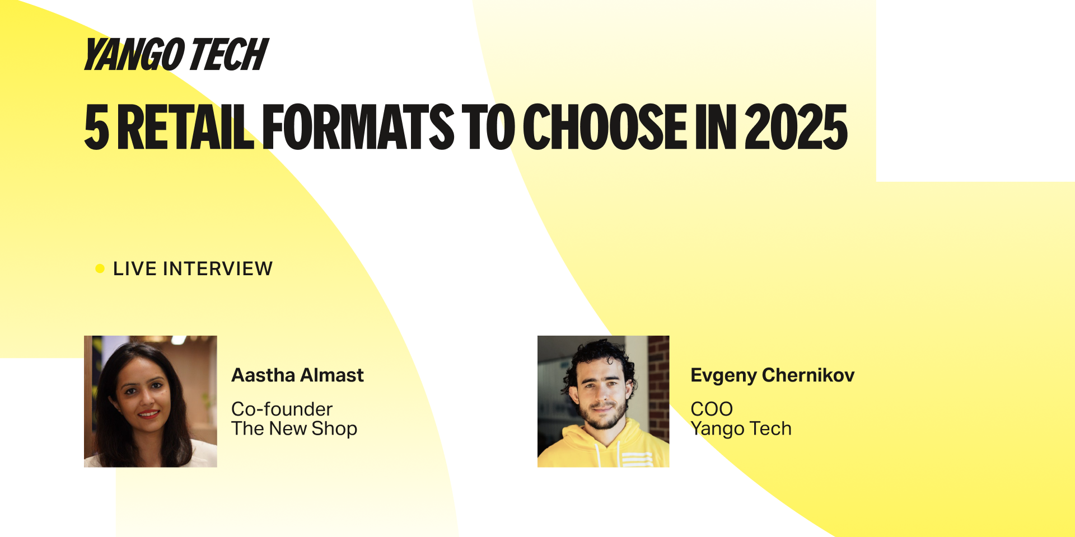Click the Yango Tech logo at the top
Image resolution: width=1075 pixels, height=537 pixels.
pyautogui.click(x=176, y=55)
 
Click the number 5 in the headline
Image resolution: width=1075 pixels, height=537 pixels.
pyautogui.click(x=96, y=127)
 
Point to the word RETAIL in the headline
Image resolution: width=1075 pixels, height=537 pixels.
pyautogui.click(x=185, y=127)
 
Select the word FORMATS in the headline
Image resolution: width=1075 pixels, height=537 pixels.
pyautogui.click(x=358, y=127)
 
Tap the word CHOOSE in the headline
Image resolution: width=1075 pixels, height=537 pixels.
pyautogui.click(x=605, y=127)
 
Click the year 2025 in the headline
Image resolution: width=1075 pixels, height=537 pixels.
pyautogui.click(x=796, y=127)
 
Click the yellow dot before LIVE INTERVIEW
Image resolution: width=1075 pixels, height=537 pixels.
pyautogui.click(x=100, y=268)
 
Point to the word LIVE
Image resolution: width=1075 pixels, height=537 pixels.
pyautogui.click(x=134, y=268)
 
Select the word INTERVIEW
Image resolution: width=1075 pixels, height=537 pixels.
pyautogui.click(x=218, y=268)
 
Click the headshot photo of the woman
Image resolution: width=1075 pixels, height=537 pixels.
pyautogui.click(x=151, y=401)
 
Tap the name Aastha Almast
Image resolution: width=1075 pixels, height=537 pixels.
pyautogui.click(x=298, y=375)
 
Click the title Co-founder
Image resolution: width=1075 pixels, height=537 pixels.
pyautogui.click(x=282, y=409)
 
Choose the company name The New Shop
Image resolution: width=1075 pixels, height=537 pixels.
pyautogui.click(x=295, y=428)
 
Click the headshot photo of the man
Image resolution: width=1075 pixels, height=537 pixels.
pyautogui.click(x=604, y=401)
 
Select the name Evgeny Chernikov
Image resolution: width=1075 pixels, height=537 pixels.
pyautogui.click(x=773, y=375)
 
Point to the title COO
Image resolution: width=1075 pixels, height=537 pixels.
pyautogui.click(x=712, y=409)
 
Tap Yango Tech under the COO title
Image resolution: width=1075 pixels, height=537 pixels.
pyautogui.click(x=741, y=429)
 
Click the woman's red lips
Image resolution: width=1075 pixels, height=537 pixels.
pyautogui.click(x=148, y=414)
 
